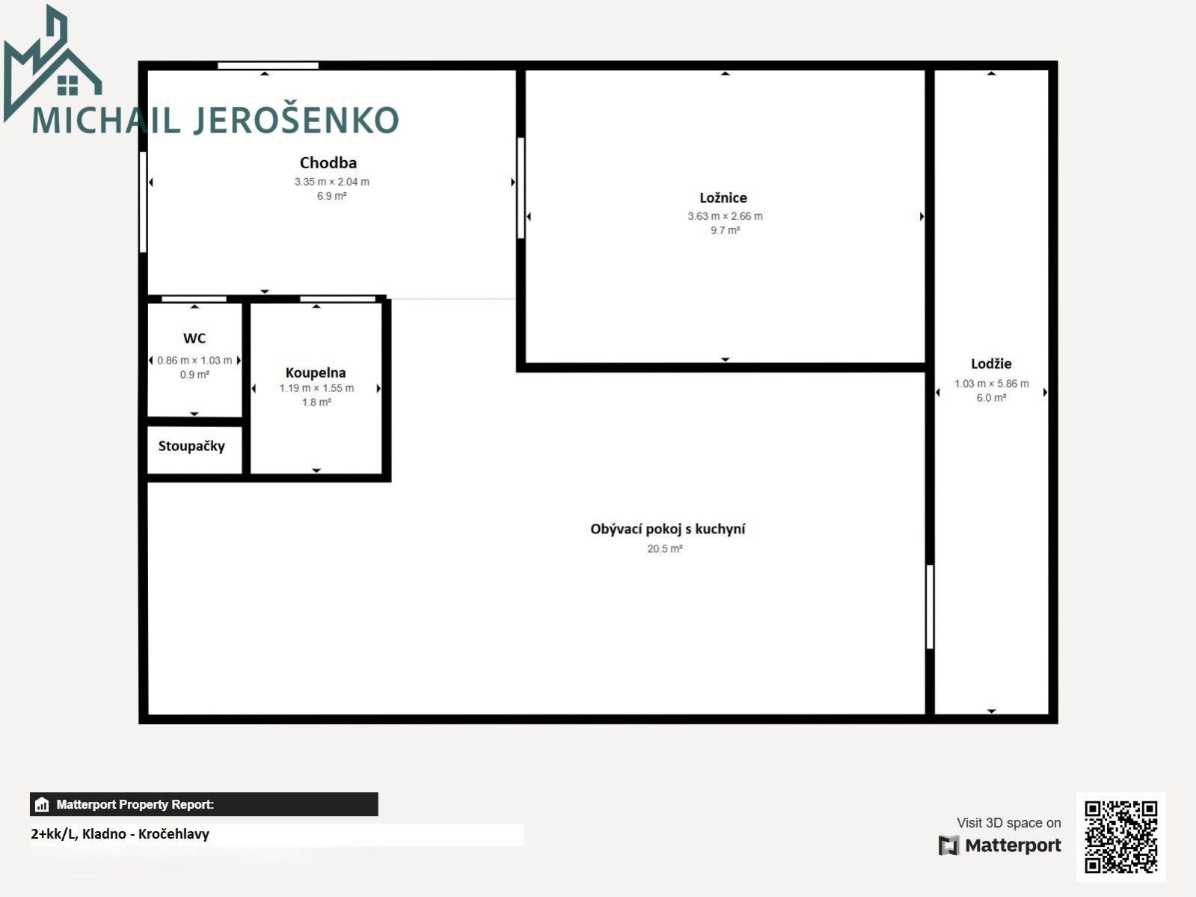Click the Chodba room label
coord(328,162)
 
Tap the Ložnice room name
coord(723,198)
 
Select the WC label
coord(194,338)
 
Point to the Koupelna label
coord(316,373)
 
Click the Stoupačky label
coord(191,447)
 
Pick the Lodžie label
coord(991,364)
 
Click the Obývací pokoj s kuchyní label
coord(667,529)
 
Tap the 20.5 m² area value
coord(665,549)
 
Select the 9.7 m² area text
coord(726,230)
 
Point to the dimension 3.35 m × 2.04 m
coord(332,182)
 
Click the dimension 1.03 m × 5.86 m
coord(992,384)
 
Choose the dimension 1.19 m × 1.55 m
coord(316,388)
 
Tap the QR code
coord(1120,836)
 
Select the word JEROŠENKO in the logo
coord(296,120)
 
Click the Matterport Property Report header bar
coord(203,804)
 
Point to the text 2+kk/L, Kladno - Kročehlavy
coord(120,834)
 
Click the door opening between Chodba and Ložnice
coord(521,188)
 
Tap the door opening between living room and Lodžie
coord(930,607)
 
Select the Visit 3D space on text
coord(1008,823)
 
